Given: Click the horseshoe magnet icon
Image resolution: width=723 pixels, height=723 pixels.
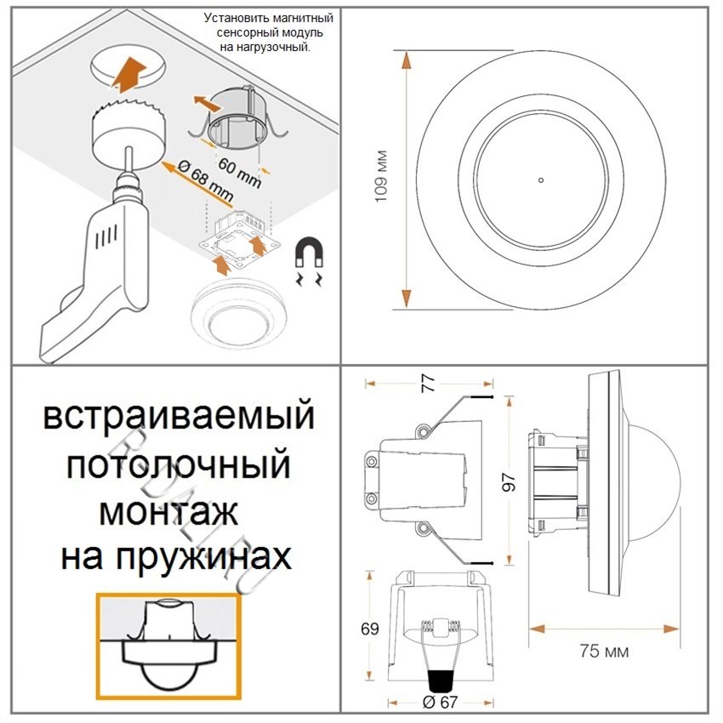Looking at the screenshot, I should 308,254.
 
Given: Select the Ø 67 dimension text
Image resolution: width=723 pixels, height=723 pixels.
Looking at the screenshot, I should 440,702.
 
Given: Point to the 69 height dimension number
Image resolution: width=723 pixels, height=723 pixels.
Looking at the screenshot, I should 369,629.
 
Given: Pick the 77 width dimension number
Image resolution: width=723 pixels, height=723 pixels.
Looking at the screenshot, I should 429,382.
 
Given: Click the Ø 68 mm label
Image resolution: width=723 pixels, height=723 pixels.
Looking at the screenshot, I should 205,182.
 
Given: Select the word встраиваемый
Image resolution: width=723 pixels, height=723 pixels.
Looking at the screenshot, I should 179,418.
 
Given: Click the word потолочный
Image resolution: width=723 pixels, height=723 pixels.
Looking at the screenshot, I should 179,465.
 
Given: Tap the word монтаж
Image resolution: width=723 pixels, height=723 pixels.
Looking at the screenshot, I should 168,512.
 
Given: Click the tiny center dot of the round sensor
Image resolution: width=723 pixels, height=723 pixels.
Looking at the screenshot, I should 540,180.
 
